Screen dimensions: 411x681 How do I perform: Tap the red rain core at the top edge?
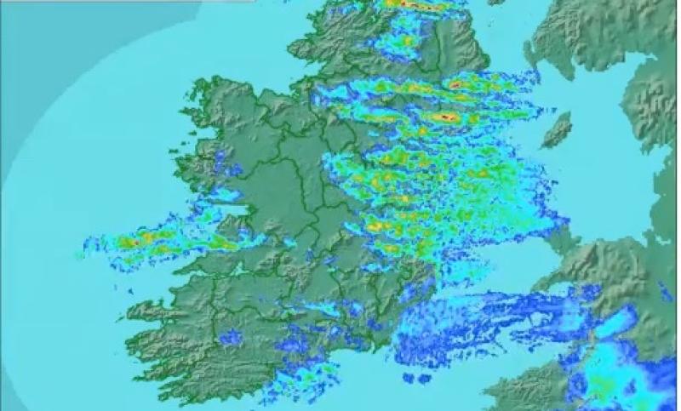click(x=407, y=4)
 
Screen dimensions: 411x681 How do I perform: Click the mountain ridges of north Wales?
click(x=613, y=255)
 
